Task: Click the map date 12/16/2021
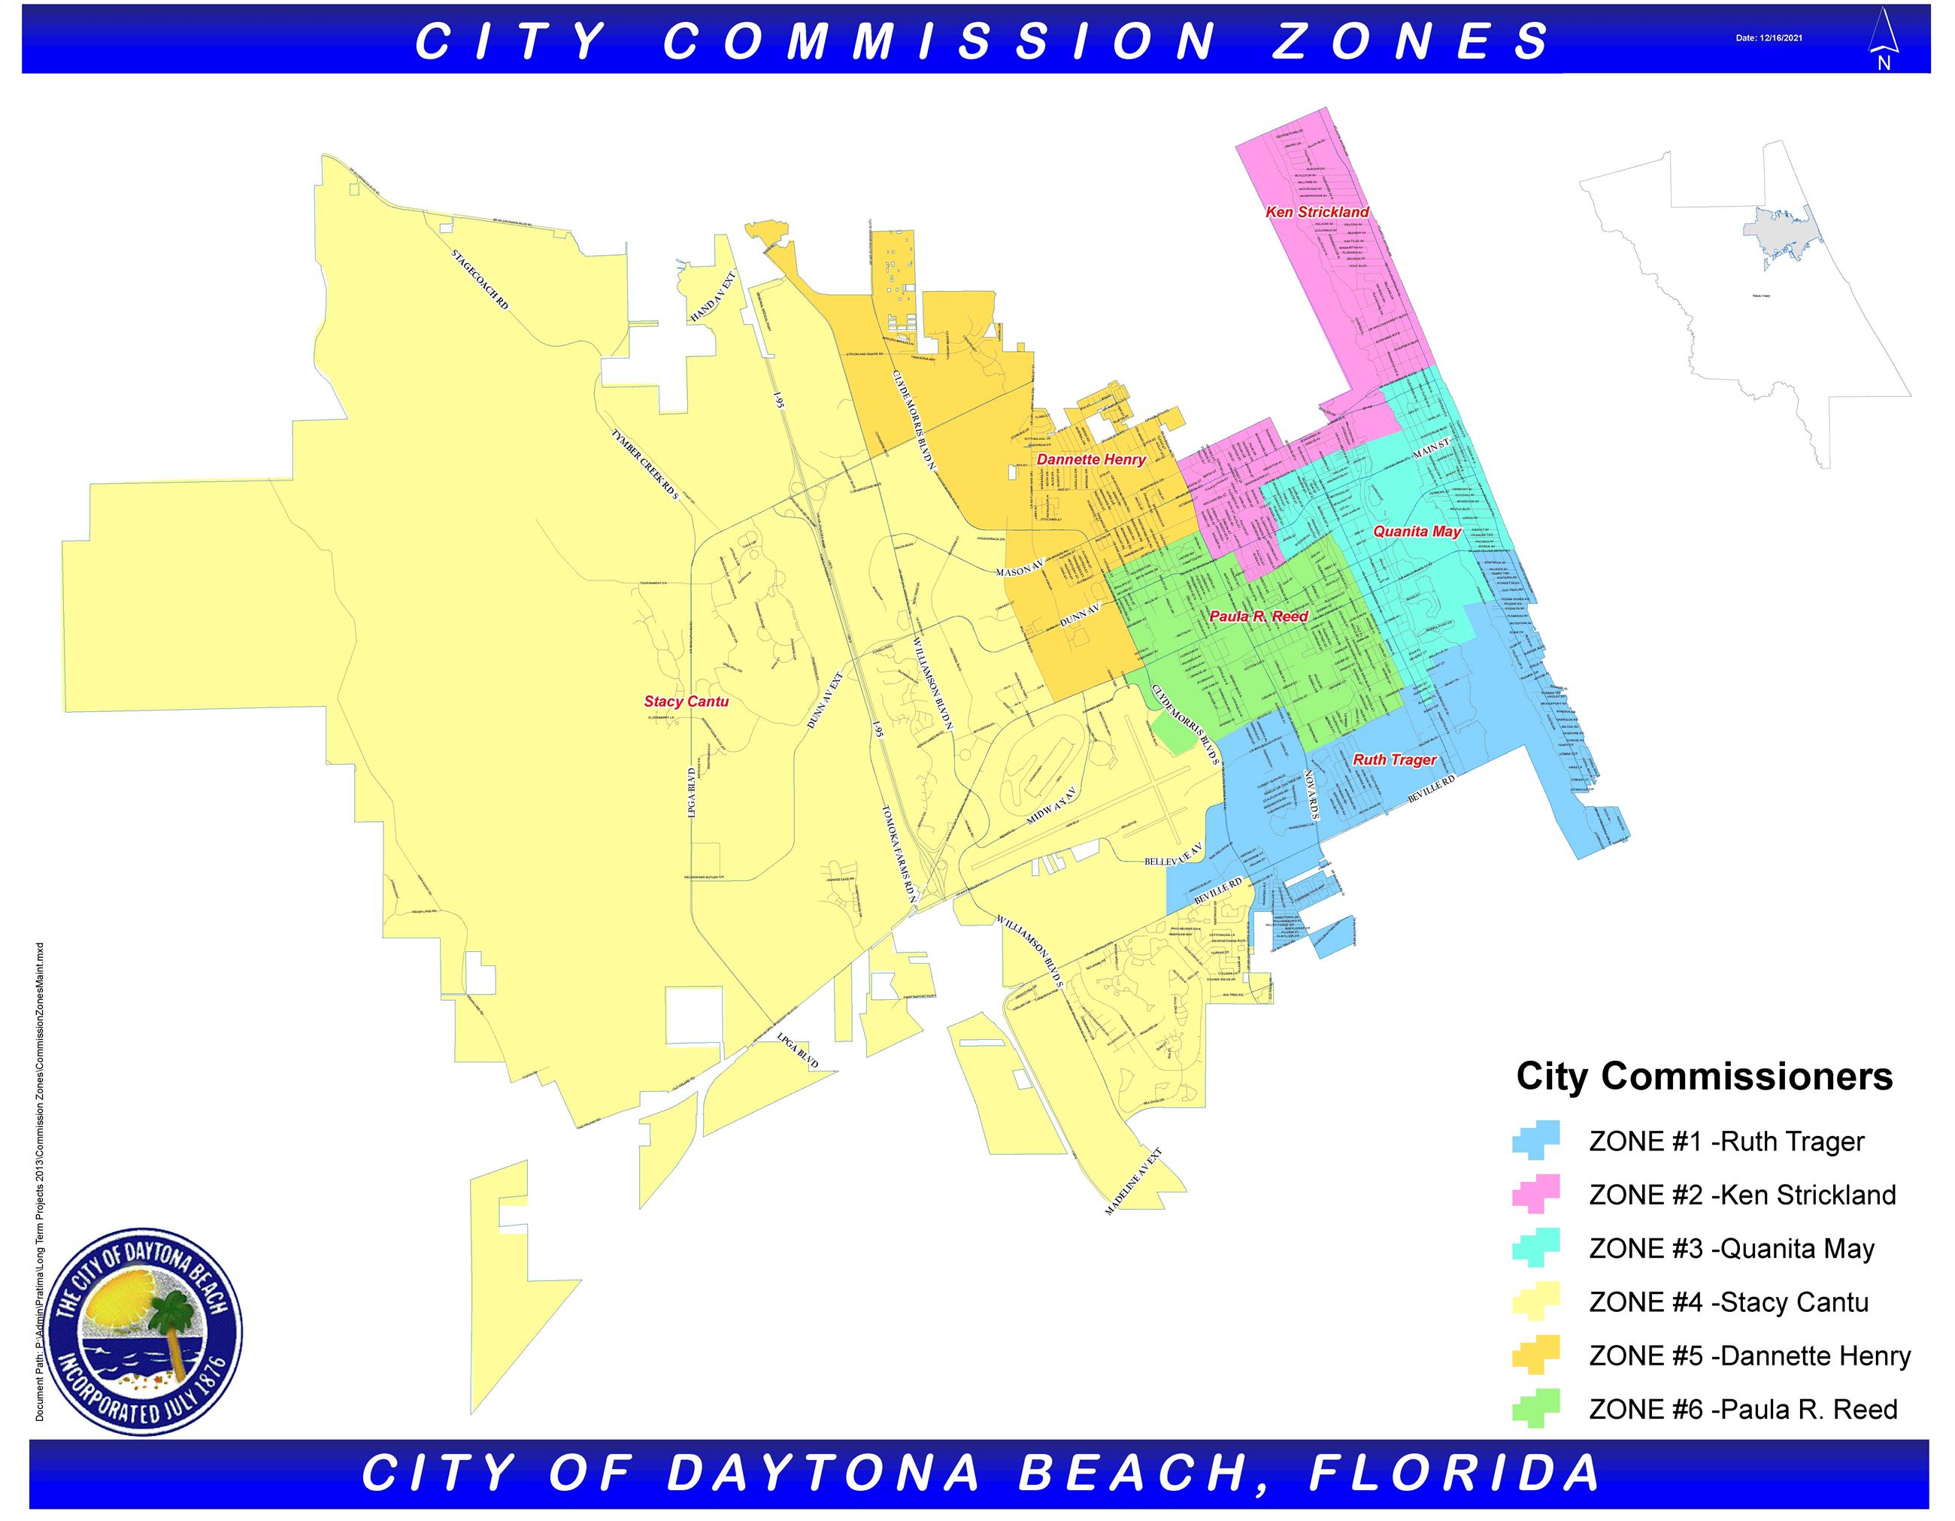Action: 1769,38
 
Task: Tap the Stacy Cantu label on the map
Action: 686,701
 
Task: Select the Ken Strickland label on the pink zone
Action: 1317,212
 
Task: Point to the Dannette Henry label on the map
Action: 1090,459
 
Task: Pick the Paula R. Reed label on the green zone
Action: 1258,616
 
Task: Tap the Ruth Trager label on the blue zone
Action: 1394,759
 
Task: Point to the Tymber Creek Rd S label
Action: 644,464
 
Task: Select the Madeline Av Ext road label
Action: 1133,1181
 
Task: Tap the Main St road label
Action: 1430,450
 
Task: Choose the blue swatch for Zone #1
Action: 1536,1141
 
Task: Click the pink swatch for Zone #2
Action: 1536,1194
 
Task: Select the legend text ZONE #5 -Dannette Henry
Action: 1749,1356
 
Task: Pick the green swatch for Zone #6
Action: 1536,1408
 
